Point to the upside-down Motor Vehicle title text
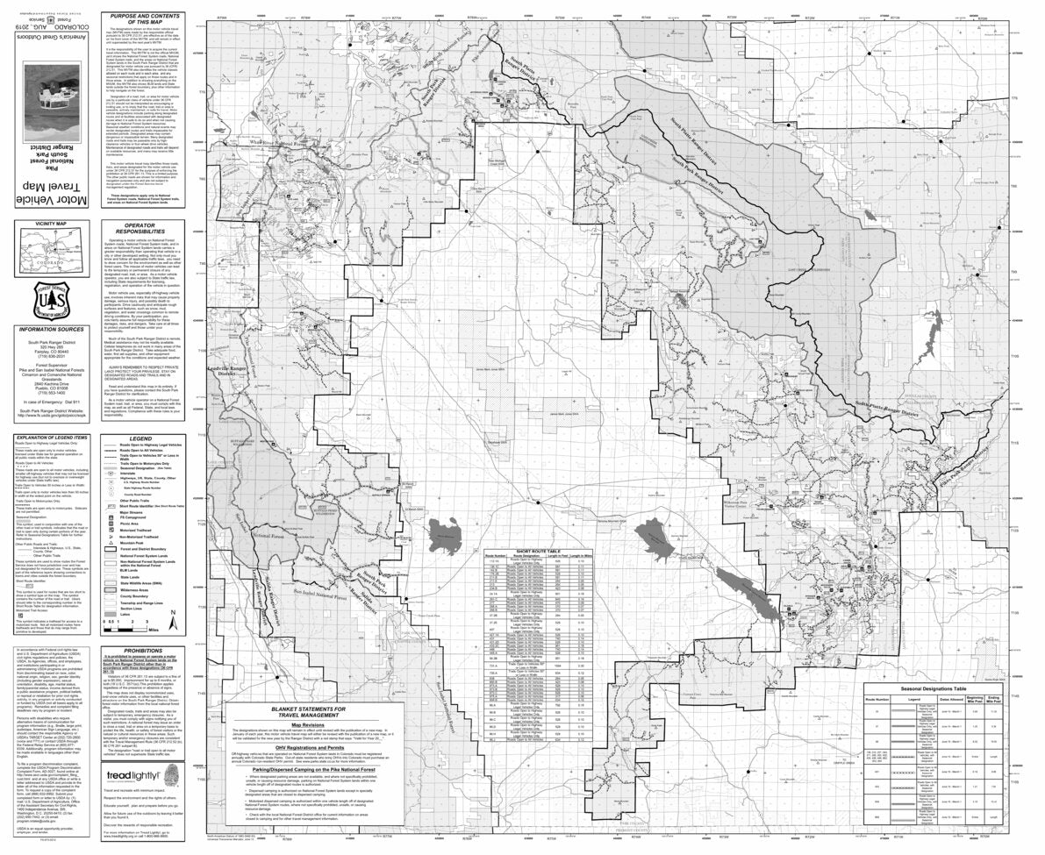(53, 202)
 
